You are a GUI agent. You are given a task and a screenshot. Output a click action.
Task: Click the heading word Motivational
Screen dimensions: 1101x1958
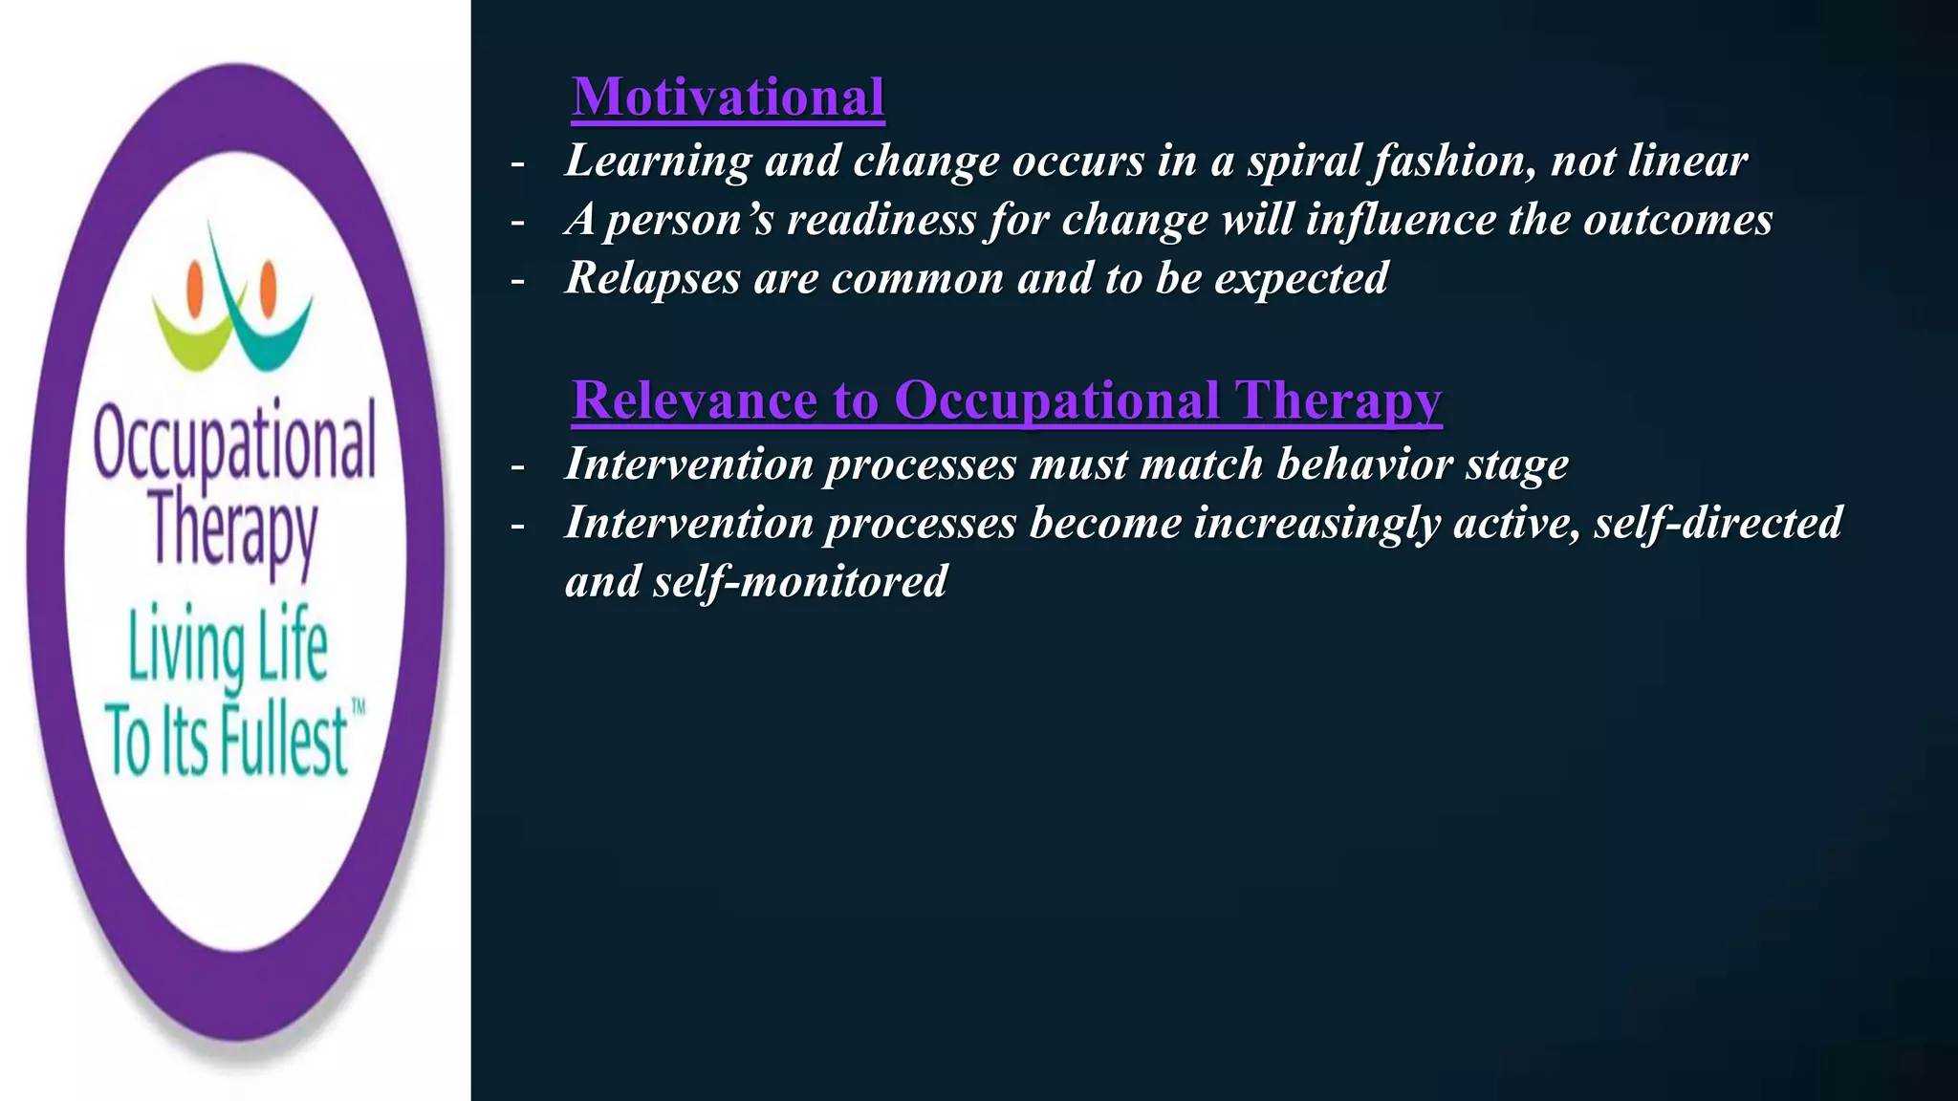pyautogui.click(x=728, y=97)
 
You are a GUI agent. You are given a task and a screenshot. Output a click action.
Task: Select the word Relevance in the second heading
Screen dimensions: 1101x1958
pyautogui.click(x=694, y=399)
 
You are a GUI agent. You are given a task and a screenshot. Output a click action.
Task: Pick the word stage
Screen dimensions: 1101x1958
pyautogui.click(x=1517, y=464)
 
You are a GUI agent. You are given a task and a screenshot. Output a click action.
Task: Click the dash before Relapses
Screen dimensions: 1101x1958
pyautogui.click(x=518, y=281)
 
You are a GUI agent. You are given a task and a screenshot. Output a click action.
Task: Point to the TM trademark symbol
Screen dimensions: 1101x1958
pyautogui.click(x=359, y=708)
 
